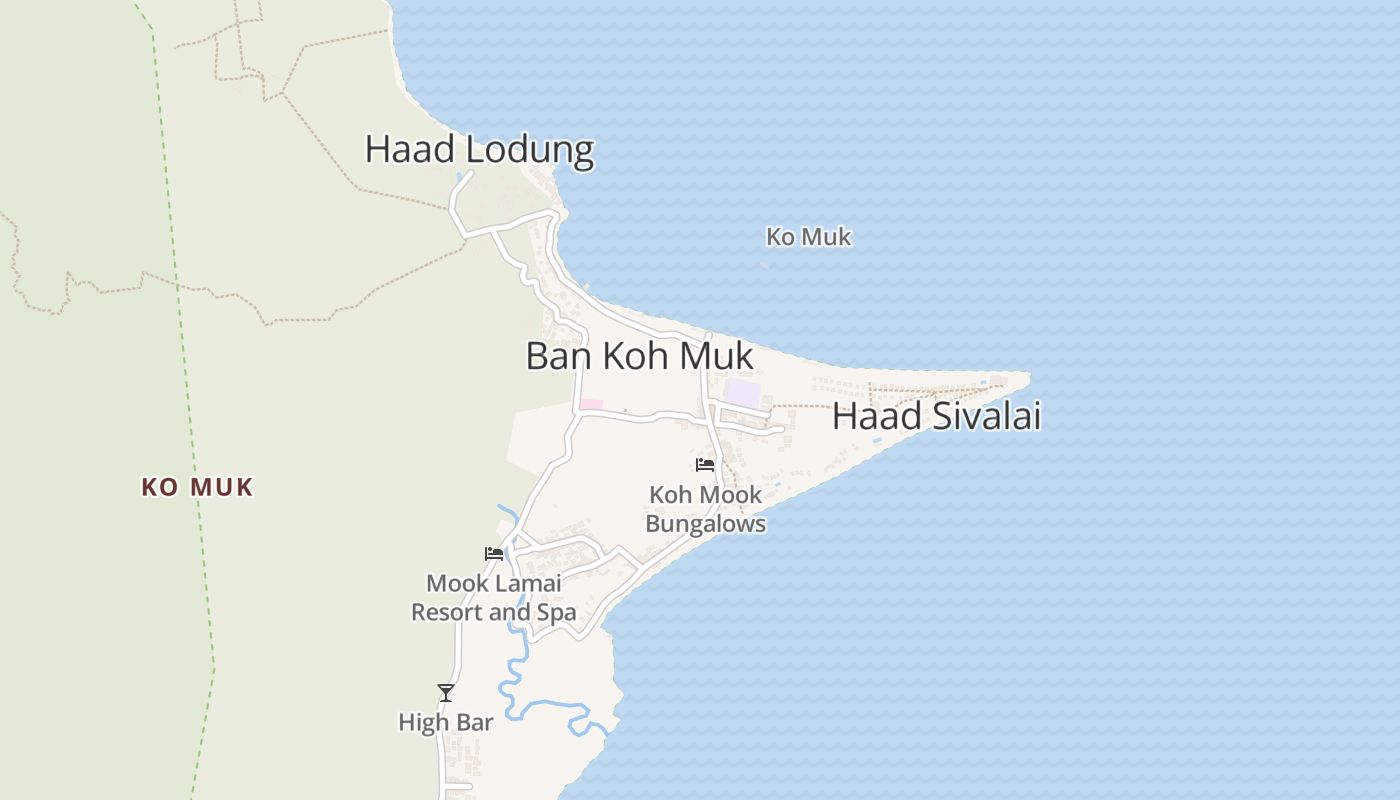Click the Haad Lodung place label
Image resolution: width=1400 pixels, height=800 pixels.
[479, 149]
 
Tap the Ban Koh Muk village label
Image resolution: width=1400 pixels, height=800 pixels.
[639, 356]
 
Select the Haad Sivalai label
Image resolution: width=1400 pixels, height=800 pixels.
[936, 416]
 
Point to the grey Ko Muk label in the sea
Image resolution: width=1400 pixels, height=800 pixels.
[808, 237]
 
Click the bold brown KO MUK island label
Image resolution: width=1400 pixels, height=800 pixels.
[197, 487]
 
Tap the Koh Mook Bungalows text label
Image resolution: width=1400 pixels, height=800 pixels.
[705, 509]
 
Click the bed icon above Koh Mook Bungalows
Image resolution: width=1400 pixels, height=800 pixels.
[705, 464]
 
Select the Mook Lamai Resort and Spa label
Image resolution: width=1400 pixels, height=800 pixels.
[494, 597]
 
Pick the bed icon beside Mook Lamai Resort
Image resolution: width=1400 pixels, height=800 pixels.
[494, 553]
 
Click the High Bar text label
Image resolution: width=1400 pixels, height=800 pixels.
[446, 722]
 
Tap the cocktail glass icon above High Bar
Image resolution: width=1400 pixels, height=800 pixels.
[446, 692]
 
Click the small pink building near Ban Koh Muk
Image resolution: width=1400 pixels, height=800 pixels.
[591, 404]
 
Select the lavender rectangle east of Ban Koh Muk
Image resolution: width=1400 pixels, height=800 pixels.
[741, 392]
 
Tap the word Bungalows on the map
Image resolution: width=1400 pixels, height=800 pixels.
[705, 524]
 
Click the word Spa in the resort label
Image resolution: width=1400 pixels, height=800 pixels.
[557, 612]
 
